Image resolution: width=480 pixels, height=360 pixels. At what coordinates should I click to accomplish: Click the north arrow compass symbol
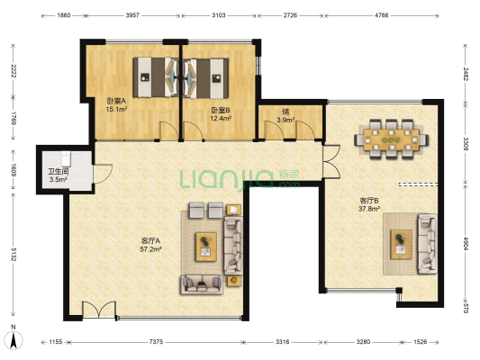(14, 338)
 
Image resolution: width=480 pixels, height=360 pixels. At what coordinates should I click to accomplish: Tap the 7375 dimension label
(156, 342)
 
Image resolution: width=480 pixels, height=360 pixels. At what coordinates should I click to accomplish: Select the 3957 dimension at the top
(132, 15)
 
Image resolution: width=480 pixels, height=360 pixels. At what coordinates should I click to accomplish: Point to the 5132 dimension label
(14, 254)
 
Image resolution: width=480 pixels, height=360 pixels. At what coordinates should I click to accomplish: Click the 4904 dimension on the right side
(466, 244)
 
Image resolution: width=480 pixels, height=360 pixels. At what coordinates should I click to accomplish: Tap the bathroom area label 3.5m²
(58, 179)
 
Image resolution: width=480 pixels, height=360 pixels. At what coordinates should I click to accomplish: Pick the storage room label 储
(285, 112)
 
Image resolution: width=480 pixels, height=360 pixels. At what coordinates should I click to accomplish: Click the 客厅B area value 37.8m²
(369, 209)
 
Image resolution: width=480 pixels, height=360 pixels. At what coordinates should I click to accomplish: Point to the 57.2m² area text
(150, 249)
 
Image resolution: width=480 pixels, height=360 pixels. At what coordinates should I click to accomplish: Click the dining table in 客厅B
(391, 139)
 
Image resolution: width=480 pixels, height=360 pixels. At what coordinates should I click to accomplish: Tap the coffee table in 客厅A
(206, 247)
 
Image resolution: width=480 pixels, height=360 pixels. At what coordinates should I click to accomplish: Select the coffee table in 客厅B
(401, 245)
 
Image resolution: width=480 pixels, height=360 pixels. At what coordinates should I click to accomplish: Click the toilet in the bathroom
(66, 158)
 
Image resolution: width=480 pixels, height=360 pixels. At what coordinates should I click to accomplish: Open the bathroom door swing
(103, 174)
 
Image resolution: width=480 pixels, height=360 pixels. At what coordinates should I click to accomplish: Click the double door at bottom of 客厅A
(99, 310)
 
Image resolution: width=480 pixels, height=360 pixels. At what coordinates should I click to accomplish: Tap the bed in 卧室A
(156, 77)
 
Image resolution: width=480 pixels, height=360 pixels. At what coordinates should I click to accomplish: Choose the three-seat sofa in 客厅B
(428, 244)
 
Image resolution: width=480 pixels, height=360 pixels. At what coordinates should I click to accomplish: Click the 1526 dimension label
(420, 342)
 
